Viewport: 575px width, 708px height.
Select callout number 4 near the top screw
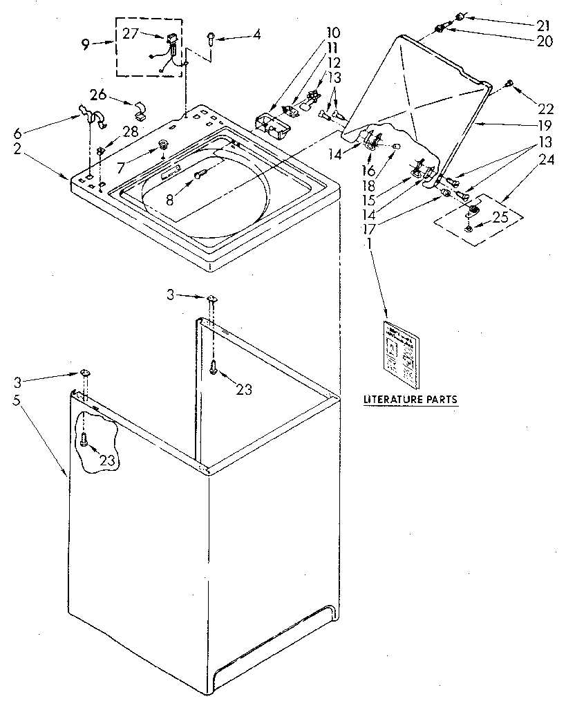(256, 34)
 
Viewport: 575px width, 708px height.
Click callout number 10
(333, 32)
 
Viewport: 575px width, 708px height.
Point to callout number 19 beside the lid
(545, 125)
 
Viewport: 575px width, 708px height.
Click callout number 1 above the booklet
(370, 243)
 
